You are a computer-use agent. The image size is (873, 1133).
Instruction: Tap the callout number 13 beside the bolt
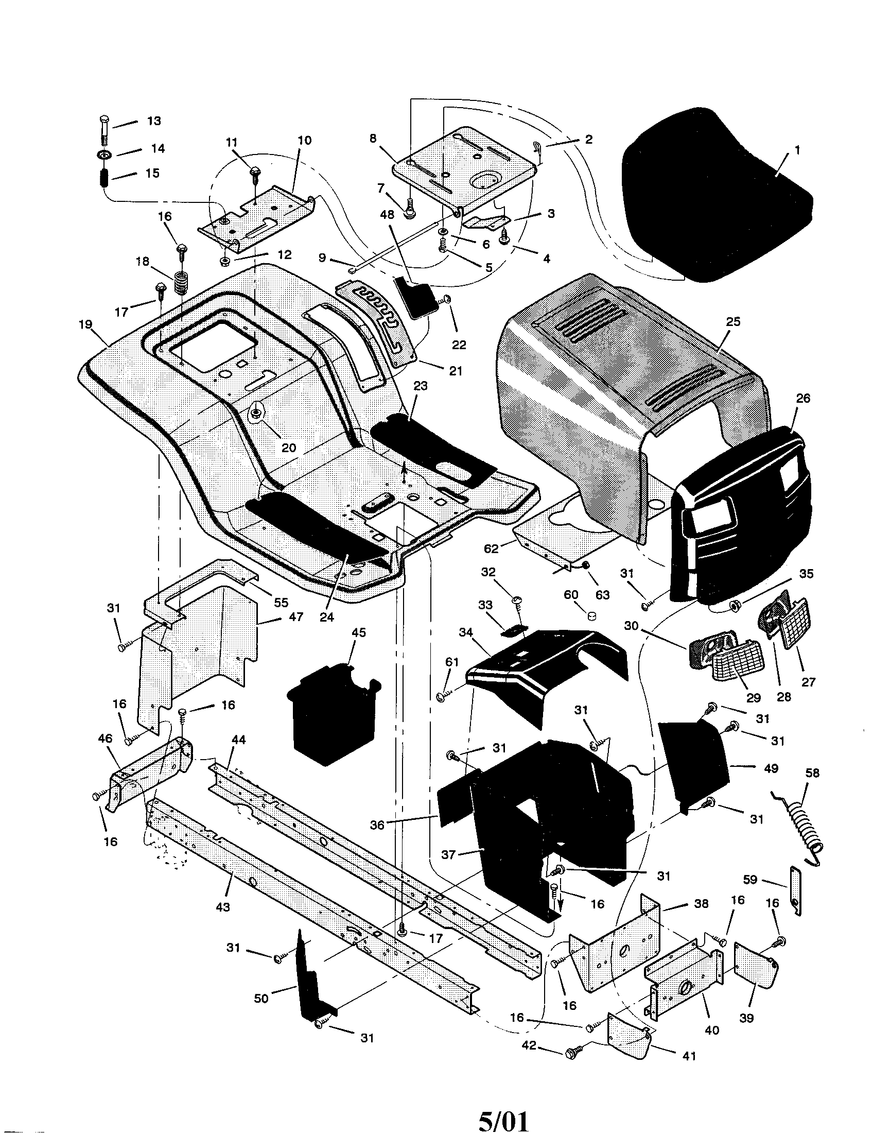tap(153, 121)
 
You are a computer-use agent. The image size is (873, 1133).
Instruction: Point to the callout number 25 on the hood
tap(733, 322)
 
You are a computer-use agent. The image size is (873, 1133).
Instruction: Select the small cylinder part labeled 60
tap(591, 616)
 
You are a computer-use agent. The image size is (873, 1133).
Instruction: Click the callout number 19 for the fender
tap(85, 325)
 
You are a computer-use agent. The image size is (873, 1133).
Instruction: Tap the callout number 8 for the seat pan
tap(372, 138)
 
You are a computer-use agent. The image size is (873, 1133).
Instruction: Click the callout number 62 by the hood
tap(492, 548)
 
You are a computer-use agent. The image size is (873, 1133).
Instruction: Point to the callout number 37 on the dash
tap(448, 854)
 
